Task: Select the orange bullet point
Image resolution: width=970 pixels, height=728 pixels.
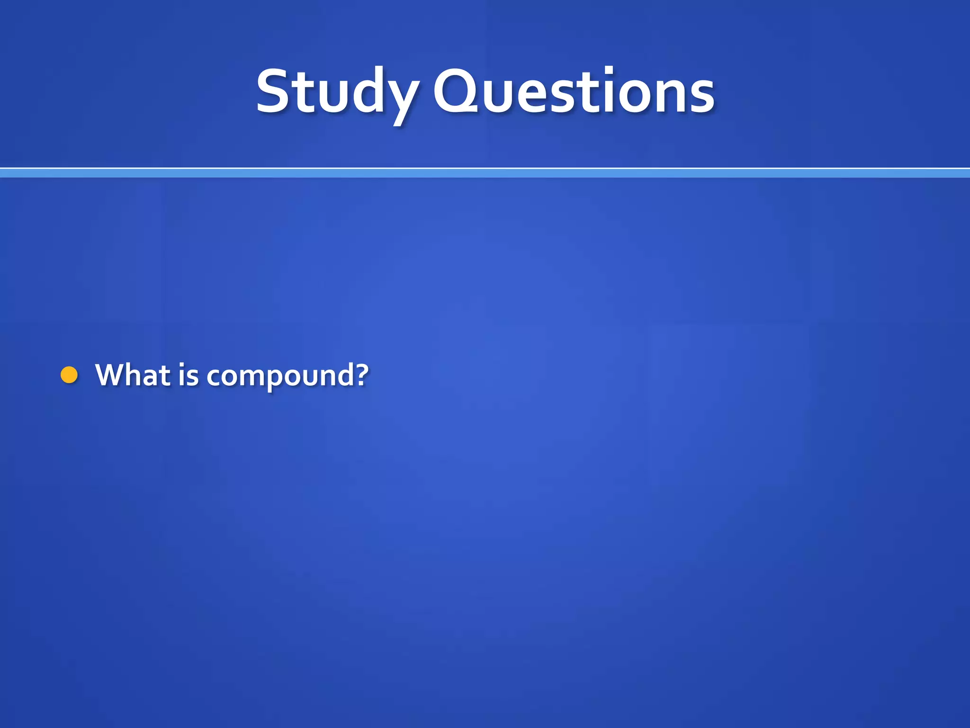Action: point(69,375)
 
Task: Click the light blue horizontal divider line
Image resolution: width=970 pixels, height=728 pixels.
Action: point(485,173)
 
